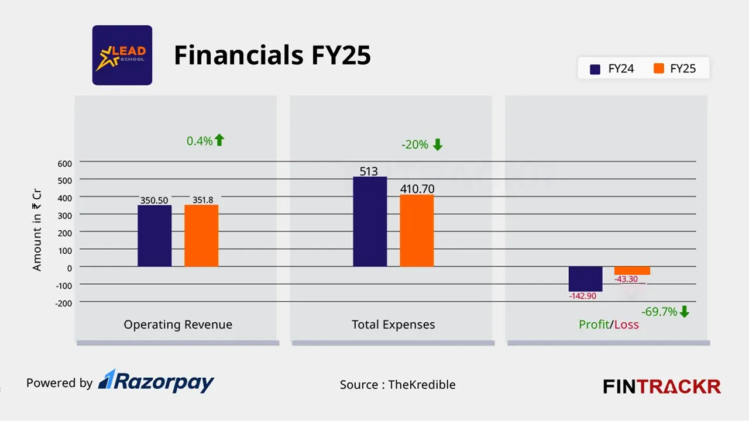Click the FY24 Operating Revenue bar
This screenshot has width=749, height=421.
click(x=154, y=236)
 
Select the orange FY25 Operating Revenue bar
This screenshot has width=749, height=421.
click(x=201, y=236)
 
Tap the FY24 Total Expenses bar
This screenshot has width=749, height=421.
click(x=370, y=222)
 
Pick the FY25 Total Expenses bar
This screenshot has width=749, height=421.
click(x=417, y=230)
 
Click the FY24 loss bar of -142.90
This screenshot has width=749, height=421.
click(x=586, y=279)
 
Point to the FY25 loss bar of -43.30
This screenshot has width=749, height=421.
click(x=632, y=271)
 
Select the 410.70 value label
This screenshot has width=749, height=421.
click(x=417, y=189)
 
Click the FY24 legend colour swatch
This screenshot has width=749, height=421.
click(x=596, y=69)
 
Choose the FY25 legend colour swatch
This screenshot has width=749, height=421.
click(x=659, y=69)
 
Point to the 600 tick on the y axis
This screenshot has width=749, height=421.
click(x=64, y=163)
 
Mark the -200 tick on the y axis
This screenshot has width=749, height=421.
click(x=63, y=303)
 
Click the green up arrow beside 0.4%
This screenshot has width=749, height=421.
click(x=219, y=140)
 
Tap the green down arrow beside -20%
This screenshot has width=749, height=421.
click(x=438, y=145)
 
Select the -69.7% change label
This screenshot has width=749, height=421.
click(x=659, y=312)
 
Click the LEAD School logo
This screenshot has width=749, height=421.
click(x=122, y=56)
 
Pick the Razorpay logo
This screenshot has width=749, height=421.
click(x=156, y=382)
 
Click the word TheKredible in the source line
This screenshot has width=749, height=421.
click(x=422, y=385)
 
